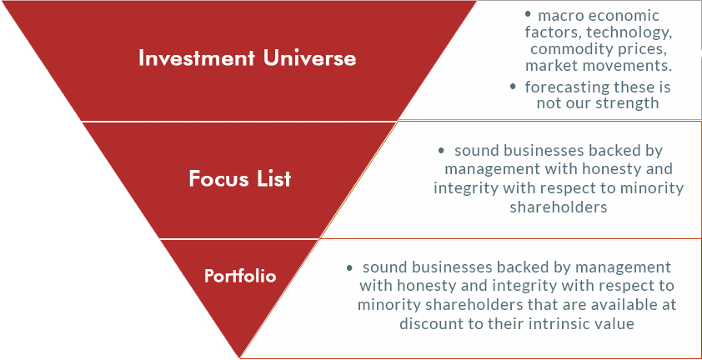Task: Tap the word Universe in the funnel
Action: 309,58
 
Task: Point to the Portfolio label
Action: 240,276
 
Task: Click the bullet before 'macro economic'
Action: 529,15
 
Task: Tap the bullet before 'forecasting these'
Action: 513,87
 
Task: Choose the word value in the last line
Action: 613,323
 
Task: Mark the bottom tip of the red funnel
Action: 240,357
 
